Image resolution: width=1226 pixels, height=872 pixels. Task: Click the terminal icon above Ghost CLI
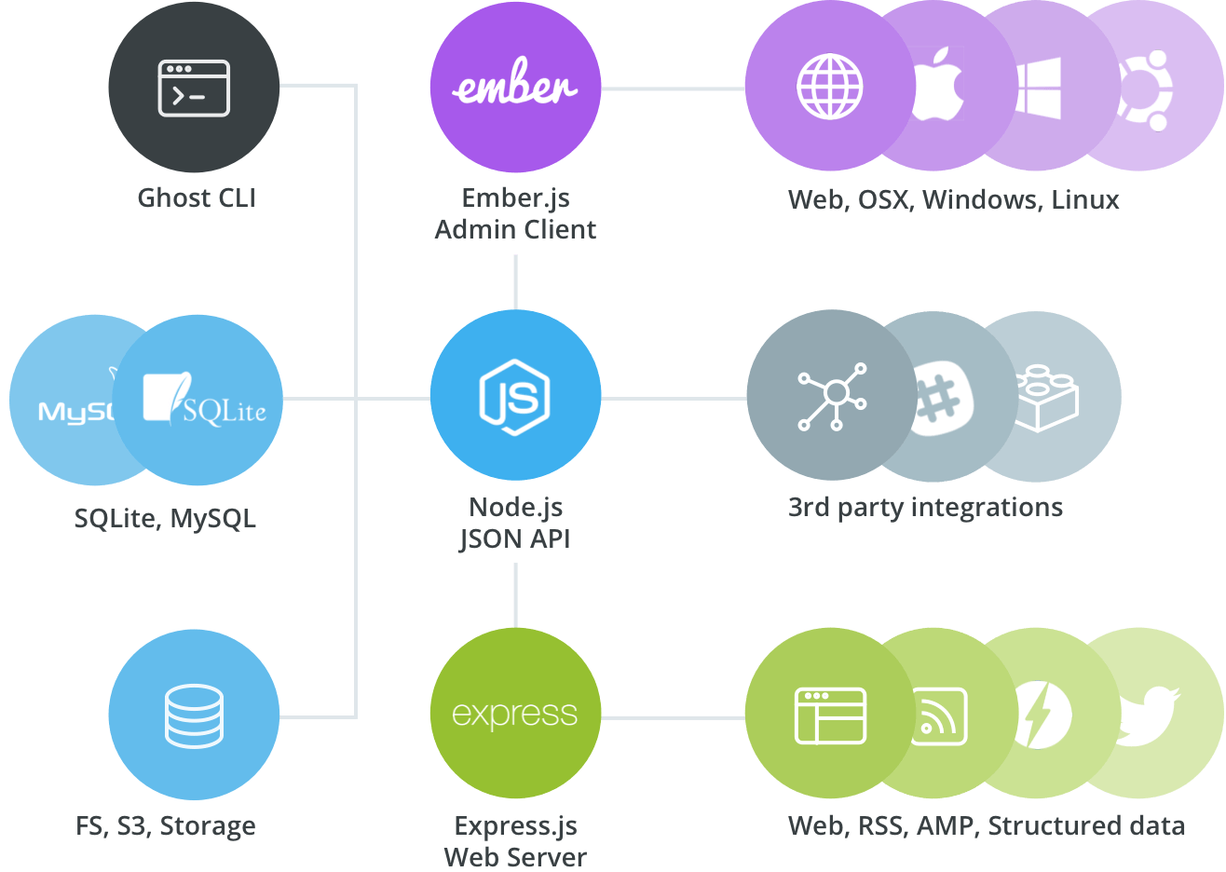point(194,89)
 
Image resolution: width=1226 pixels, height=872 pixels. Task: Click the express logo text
point(515,715)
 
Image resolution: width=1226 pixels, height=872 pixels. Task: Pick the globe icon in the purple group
point(829,88)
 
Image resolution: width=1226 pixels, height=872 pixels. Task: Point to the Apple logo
point(938,88)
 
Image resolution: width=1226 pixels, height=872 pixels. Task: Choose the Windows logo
point(1038,88)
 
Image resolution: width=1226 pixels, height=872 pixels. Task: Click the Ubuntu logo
point(1146,89)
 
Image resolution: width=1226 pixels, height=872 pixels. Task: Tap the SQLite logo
point(205,401)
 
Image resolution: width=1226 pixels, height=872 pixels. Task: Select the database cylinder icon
point(194,715)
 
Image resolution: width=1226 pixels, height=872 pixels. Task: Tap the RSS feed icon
point(937,715)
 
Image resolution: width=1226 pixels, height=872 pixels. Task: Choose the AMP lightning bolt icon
point(1042,715)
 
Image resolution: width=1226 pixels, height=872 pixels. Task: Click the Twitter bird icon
point(1148,715)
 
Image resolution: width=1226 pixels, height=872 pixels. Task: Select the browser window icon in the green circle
point(830,715)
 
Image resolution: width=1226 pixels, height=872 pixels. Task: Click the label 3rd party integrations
point(925,508)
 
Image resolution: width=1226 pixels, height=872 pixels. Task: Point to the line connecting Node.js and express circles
point(515,596)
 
